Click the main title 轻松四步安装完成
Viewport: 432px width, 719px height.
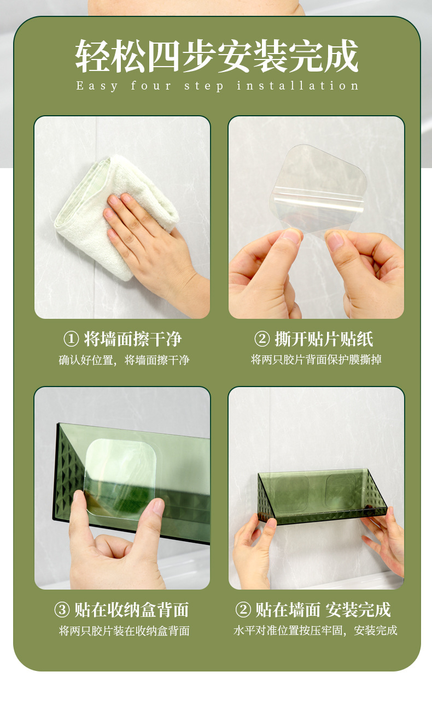(217, 56)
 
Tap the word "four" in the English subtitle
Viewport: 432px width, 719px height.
(151, 86)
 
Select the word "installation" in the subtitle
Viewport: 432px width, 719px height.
(298, 86)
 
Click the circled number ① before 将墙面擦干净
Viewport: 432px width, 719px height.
(71, 339)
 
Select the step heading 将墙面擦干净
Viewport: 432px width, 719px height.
(132, 339)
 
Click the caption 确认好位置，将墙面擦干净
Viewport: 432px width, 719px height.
(124, 360)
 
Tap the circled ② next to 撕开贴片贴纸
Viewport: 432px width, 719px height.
(262, 339)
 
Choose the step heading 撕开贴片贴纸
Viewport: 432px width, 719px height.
(324, 339)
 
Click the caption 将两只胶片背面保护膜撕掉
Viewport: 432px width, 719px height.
(316, 360)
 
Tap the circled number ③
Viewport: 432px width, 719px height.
(62, 610)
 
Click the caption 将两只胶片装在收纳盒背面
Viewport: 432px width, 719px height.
(124, 631)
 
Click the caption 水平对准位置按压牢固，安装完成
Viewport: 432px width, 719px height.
(316, 631)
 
